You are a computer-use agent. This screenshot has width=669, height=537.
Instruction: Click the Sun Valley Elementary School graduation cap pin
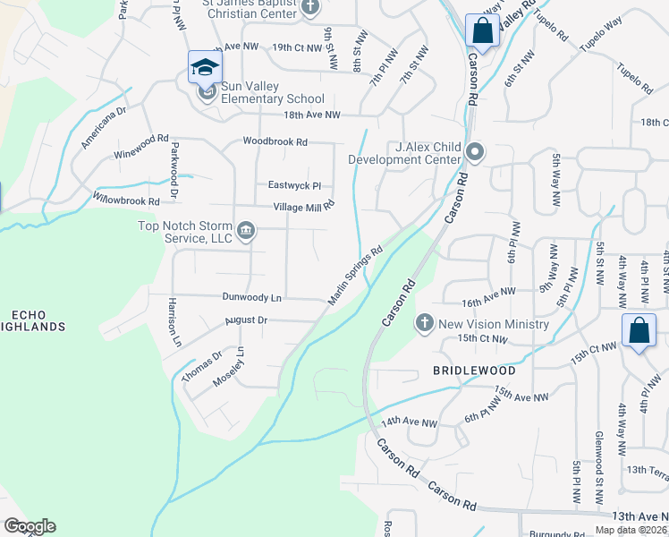coord(205,67)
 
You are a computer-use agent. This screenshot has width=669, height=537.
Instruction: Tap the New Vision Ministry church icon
coord(424,321)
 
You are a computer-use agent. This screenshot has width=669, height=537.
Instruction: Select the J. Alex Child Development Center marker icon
coord(474,152)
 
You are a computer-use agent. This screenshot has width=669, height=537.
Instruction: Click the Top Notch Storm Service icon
coord(247,233)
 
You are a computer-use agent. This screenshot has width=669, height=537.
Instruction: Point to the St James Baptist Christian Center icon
coord(310,8)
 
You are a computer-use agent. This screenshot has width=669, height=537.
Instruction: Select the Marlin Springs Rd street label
coord(355,275)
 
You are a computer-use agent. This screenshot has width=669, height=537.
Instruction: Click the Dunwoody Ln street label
coord(252,296)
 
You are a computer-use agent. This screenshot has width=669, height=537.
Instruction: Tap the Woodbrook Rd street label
coord(275,141)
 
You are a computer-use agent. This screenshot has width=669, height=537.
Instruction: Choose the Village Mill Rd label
coord(303,205)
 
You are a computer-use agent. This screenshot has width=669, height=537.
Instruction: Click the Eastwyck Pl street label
coord(294,185)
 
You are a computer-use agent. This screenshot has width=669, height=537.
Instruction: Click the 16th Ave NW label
coord(489,291)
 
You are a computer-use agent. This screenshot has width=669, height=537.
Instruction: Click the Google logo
coord(30,526)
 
